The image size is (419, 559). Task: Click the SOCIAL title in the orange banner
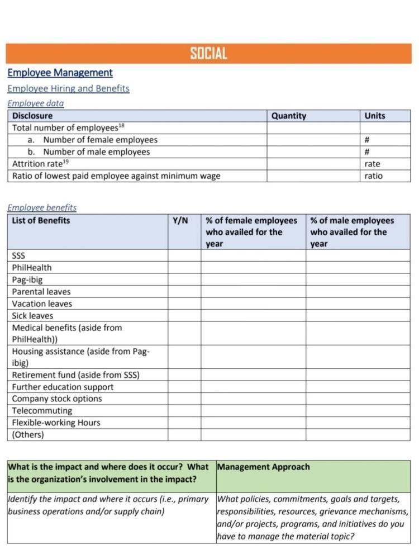coord(208,54)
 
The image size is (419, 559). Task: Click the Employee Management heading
coord(60,73)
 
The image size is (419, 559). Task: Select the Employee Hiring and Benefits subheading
coord(68,88)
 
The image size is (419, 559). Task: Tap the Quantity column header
coord(289,116)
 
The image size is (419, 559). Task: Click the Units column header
coord(375,116)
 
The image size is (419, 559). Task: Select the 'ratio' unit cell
coord(374,176)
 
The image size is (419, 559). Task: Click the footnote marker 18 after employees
coord(121,126)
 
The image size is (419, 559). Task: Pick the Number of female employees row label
coord(100,140)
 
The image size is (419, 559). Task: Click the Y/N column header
coord(180,220)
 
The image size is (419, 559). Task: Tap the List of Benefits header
coord(41,220)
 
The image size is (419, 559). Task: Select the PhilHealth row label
coord(32,268)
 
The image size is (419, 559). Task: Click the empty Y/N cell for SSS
coord(184,255)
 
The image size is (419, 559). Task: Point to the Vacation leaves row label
coord(42,304)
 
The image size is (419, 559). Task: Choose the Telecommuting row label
coord(42,411)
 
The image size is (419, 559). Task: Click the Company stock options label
coord(57,399)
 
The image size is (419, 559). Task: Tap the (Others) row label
coord(28,434)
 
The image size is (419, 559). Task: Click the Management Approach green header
coord(263,467)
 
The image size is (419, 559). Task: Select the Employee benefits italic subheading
coord(42,207)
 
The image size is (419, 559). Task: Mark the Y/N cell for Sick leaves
coord(184,315)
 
